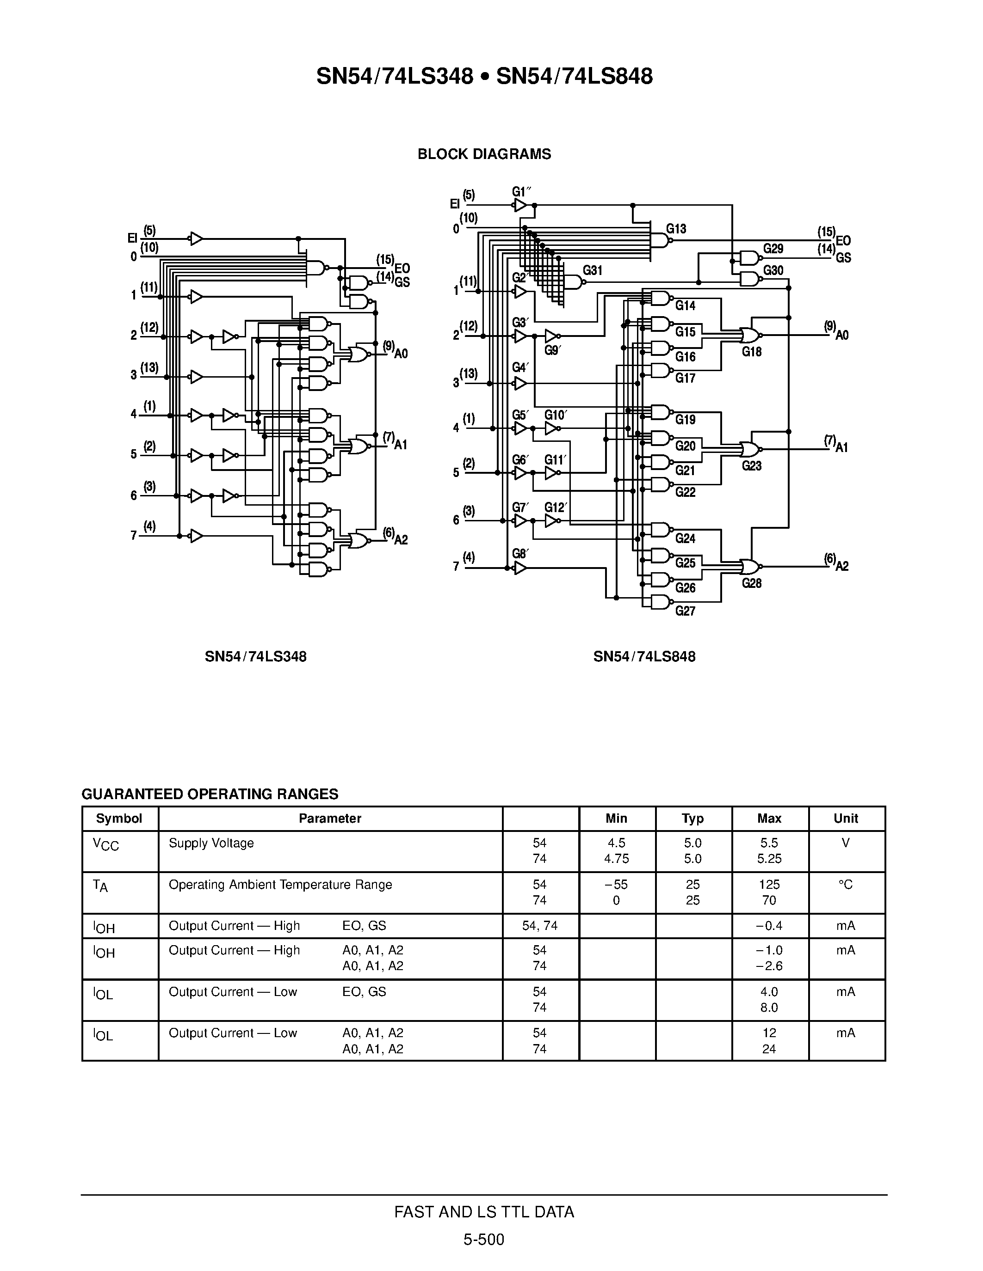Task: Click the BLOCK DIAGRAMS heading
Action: point(484,154)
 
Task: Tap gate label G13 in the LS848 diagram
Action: point(676,229)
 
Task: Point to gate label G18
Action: point(751,352)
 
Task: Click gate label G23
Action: point(751,465)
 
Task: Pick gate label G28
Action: point(751,583)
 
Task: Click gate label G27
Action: point(686,611)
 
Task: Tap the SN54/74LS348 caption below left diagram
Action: point(256,656)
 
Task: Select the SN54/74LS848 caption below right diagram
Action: point(644,656)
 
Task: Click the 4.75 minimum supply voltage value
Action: point(616,858)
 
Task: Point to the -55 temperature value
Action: point(616,885)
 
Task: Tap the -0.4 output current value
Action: point(769,925)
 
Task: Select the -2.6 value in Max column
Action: point(769,965)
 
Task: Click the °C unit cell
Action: point(846,885)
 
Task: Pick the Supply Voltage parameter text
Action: point(211,843)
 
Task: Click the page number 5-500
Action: point(483,1240)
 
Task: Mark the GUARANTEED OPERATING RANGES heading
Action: point(210,794)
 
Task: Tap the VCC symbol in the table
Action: point(105,844)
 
